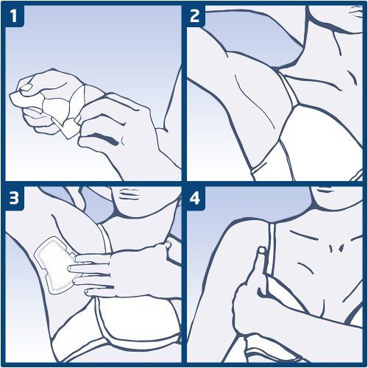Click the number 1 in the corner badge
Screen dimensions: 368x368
click(x=14, y=16)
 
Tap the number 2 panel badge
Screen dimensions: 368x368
click(x=194, y=16)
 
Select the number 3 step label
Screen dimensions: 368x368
click(x=14, y=197)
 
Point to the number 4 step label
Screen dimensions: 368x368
click(x=195, y=197)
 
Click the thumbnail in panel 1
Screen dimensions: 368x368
click(x=26, y=87)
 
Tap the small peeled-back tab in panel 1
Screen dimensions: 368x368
click(x=69, y=128)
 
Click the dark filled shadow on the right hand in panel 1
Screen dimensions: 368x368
click(x=105, y=138)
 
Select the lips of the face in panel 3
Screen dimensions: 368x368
click(x=128, y=193)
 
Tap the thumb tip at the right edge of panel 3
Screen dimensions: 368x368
click(x=169, y=244)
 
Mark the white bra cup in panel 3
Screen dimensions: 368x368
click(x=138, y=319)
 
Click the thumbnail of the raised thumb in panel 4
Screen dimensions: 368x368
click(x=262, y=250)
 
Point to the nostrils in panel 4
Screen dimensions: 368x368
click(x=336, y=248)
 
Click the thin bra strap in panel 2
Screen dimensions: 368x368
click(x=289, y=90)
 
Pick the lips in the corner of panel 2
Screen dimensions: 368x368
click(x=356, y=11)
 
